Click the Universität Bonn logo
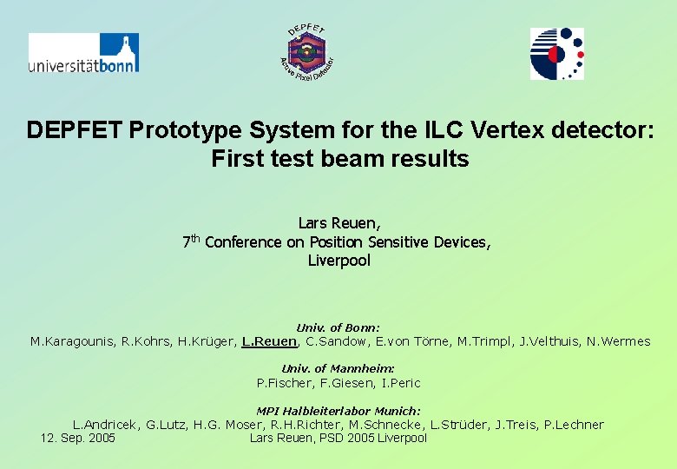pyautogui.click(x=83, y=53)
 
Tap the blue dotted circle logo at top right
pyautogui.click(x=557, y=54)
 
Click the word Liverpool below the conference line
pyautogui.click(x=338, y=261)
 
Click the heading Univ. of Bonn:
pyautogui.click(x=338, y=327)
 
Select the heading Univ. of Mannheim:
pyautogui.click(x=338, y=369)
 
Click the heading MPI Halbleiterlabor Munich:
pyautogui.click(x=338, y=411)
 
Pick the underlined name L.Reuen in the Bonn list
pyautogui.click(x=269, y=341)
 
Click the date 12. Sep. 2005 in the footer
pyautogui.click(x=78, y=438)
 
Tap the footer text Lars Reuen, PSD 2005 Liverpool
pyautogui.click(x=338, y=438)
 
